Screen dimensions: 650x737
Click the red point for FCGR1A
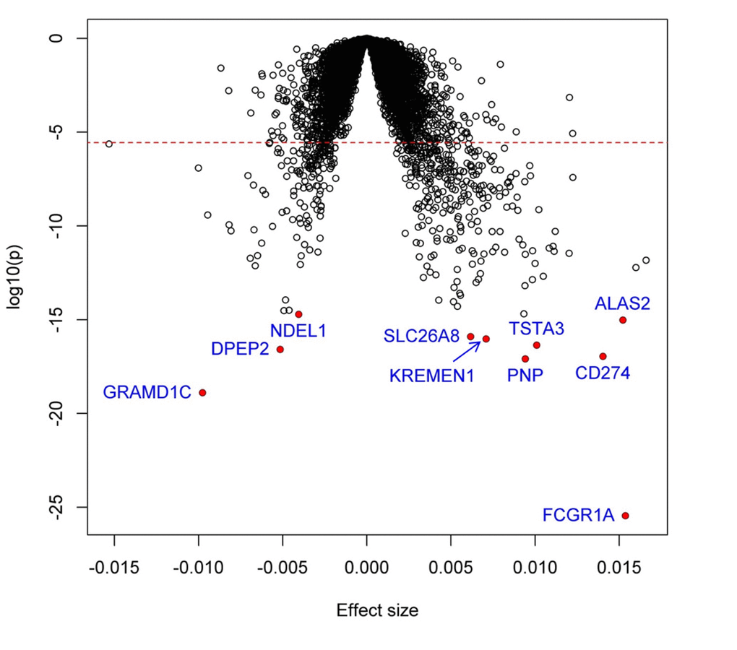[626, 516]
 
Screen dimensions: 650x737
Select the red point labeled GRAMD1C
[202, 392]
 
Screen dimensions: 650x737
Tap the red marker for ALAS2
[623, 320]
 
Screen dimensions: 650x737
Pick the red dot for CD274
[603, 356]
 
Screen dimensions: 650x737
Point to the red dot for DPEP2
[280, 350]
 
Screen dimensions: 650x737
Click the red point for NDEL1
[298, 314]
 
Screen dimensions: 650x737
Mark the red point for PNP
[525, 359]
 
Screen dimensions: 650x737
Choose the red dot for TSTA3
[536, 345]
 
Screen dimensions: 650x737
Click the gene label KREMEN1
[431, 376]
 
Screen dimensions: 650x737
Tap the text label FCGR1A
[578, 516]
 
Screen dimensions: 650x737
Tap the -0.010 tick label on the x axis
[198, 571]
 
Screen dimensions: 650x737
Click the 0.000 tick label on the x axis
[367, 571]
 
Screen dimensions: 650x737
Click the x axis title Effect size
[377, 610]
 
